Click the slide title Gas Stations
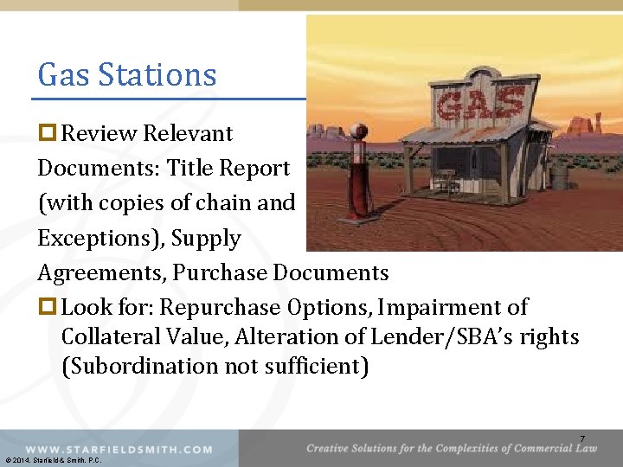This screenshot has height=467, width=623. [126, 75]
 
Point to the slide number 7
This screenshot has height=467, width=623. [582, 439]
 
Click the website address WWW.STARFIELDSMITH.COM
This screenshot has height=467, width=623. [119, 450]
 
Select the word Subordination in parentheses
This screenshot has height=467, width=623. [143, 366]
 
